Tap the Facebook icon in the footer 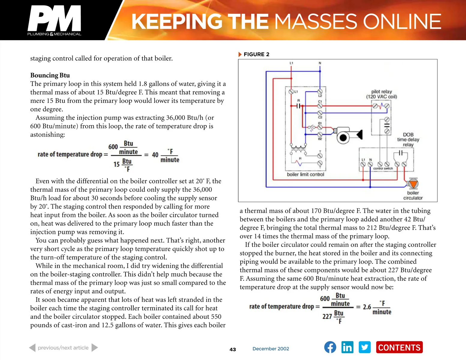coord(330,347)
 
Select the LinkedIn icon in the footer coord(347,347)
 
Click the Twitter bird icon coord(365,347)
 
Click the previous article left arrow coord(32,348)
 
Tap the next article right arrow coord(95,348)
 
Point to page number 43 coord(233,349)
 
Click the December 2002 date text coord(271,349)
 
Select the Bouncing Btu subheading coord(50,75)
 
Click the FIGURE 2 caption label coord(256,54)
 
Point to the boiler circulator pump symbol coord(413,184)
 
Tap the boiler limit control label coord(305,174)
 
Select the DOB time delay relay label coord(408,139)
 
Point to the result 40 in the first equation coord(155,155)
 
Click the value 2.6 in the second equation coord(367,307)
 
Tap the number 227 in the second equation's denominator coord(327,316)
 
